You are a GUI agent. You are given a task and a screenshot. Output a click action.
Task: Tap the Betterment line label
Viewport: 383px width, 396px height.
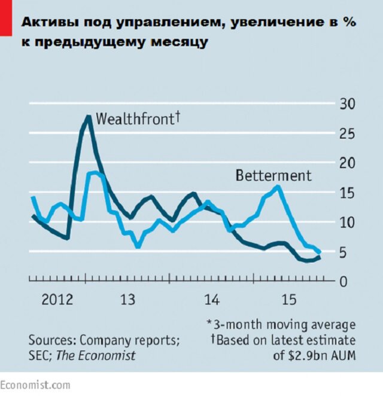click(x=273, y=176)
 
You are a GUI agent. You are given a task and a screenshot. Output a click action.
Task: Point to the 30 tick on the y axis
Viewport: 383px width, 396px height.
click(x=348, y=103)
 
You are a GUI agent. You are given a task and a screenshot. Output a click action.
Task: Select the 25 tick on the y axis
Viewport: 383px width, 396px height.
click(x=348, y=133)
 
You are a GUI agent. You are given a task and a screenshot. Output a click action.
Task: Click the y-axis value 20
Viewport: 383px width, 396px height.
click(x=348, y=163)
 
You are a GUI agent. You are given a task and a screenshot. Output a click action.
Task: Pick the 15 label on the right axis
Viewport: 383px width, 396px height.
click(x=348, y=193)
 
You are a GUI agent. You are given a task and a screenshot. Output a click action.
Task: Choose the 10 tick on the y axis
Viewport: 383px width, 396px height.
click(x=348, y=223)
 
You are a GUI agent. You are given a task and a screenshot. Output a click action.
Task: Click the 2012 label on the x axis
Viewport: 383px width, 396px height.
click(x=57, y=298)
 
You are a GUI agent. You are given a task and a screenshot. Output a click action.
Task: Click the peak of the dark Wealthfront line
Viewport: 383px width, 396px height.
click(x=89, y=116)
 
